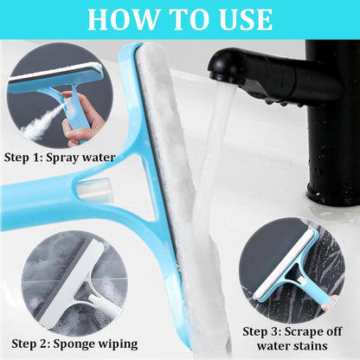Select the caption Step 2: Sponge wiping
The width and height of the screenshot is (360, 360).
[x=69, y=344]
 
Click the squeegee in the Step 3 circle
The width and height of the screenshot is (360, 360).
[x=290, y=264]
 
